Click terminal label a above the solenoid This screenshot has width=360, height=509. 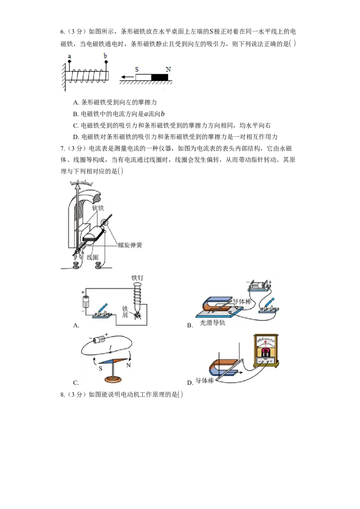pyautogui.click(x=69, y=56)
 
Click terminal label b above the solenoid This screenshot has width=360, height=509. pyautogui.click(x=105, y=55)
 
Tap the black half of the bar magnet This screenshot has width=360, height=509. pyautogui.click(x=159, y=77)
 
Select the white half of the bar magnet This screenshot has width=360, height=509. pyautogui.click(x=143, y=77)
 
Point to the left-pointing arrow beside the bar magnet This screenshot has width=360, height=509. pyautogui.click(x=127, y=77)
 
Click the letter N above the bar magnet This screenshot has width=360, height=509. pyautogui.click(x=168, y=69)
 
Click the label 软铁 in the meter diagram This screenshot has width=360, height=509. pyautogui.click(x=98, y=208)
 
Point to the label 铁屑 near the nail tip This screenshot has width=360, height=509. pyautogui.click(x=126, y=312)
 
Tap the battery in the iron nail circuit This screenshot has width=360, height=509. pyautogui.click(x=84, y=301)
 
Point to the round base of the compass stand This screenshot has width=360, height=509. pyautogui.click(x=115, y=380)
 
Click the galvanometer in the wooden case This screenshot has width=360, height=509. pyautogui.click(x=266, y=351)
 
